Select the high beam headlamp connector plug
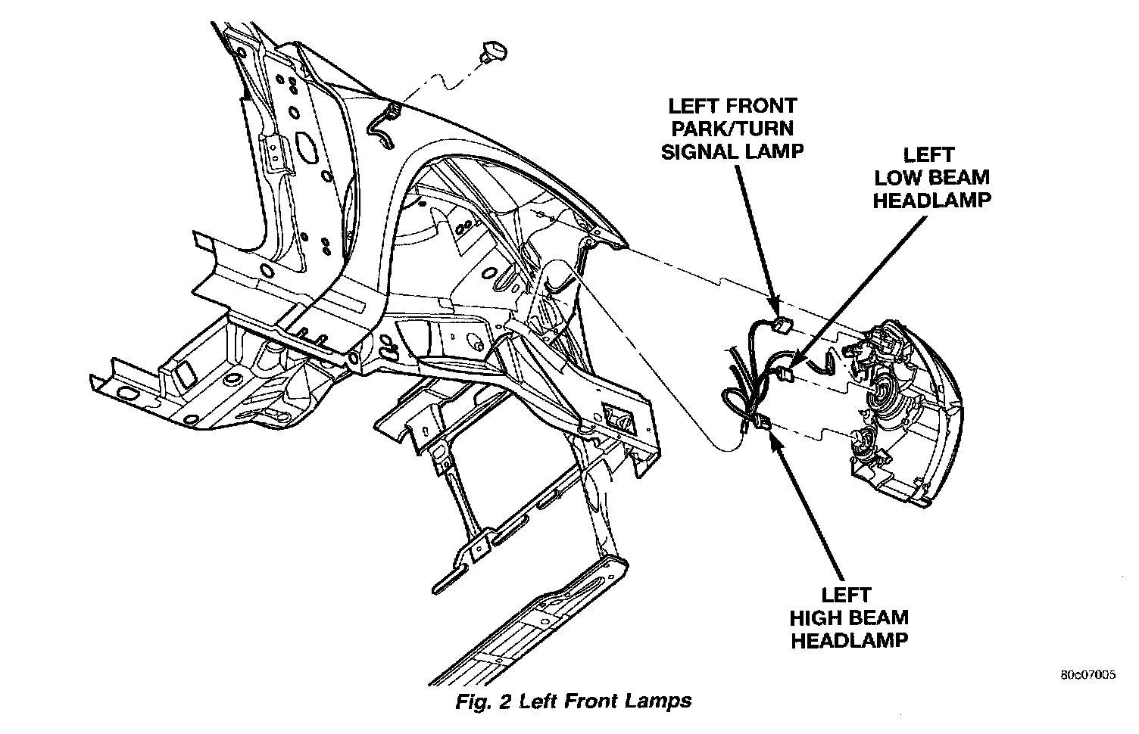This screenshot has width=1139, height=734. [x=763, y=425]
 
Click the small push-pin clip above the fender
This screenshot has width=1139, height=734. [x=492, y=53]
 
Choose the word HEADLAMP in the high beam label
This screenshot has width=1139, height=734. [x=849, y=640]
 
